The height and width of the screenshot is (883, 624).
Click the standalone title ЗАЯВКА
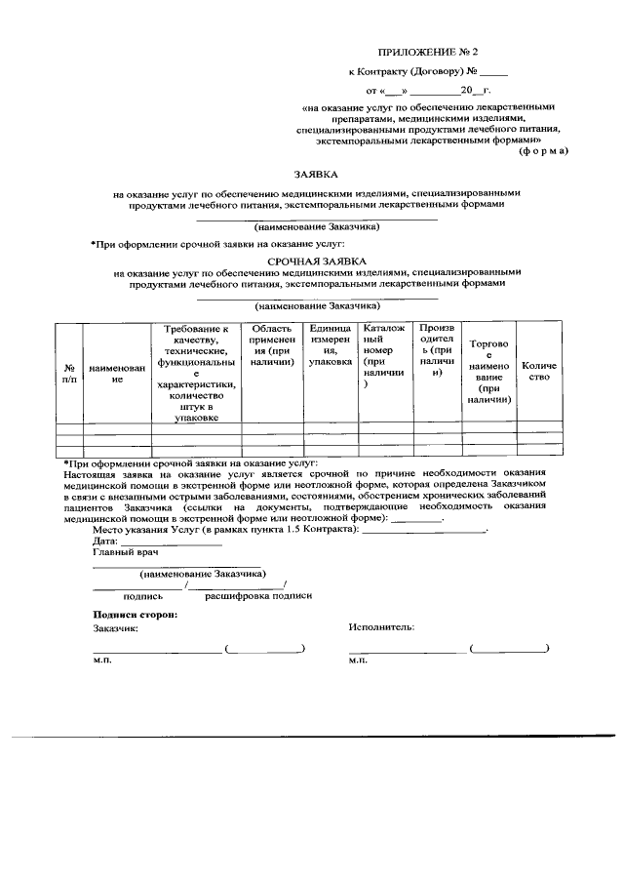click(316, 175)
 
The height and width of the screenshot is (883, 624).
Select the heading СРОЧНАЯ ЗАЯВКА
click(316, 261)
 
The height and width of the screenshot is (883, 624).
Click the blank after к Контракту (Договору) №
click(493, 71)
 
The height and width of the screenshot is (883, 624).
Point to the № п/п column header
click(69, 372)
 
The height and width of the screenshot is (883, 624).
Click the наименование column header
click(117, 372)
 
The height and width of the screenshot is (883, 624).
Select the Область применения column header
click(271, 345)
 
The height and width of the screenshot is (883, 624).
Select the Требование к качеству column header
click(196, 373)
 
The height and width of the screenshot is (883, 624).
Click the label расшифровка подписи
click(258, 594)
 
